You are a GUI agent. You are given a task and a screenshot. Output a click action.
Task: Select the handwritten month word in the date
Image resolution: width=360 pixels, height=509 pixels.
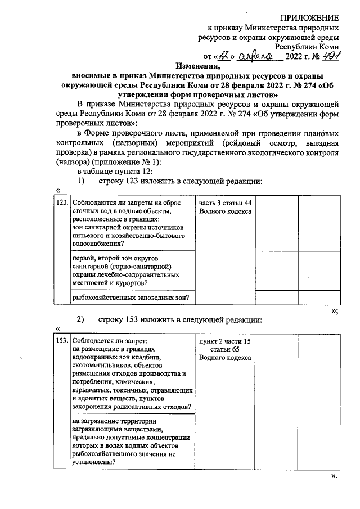pos(255,57)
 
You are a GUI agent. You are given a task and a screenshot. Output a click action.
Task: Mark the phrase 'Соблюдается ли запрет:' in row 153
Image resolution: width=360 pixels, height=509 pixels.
pos(109,341)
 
